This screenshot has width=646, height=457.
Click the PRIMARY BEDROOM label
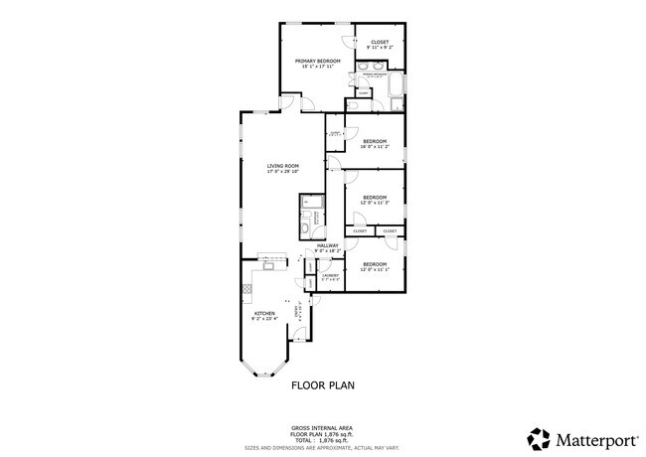tap(317, 62)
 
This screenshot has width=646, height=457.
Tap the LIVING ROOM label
tap(282, 166)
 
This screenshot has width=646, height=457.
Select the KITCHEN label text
tap(263, 312)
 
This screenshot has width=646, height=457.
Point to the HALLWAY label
tap(328, 245)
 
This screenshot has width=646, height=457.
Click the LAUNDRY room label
tap(330, 275)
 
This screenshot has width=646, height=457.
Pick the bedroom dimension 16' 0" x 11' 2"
tap(375, 147)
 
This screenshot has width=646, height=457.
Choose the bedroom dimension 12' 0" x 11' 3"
tap(375, 203)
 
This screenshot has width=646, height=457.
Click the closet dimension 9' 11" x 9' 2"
tap(380, 48)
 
